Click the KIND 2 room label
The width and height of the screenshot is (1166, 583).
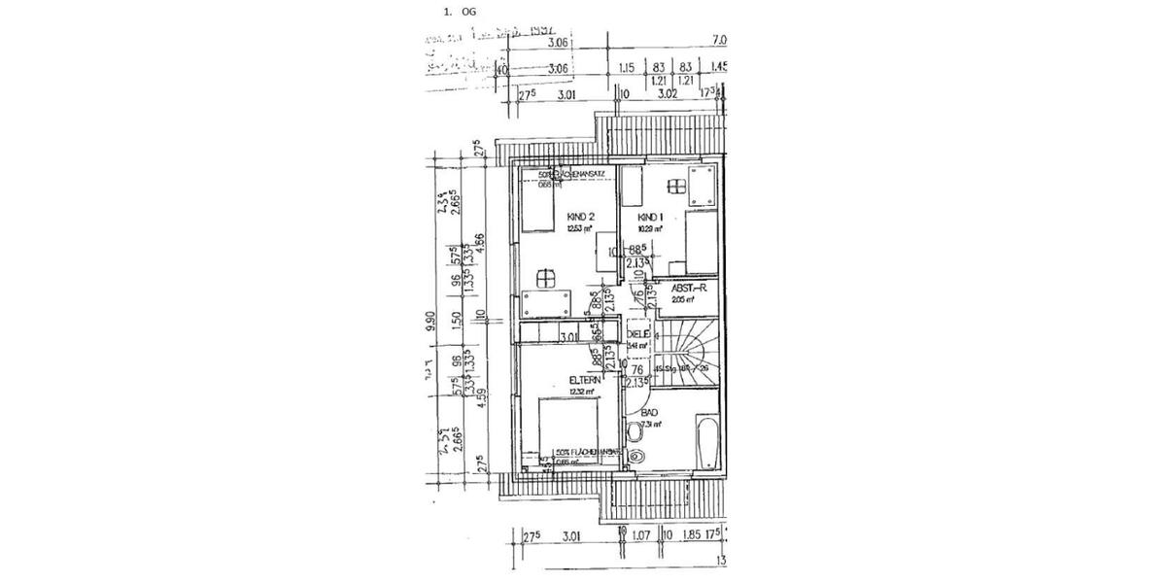tap(582, 217)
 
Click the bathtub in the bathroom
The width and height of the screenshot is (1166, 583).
tap(708, 442)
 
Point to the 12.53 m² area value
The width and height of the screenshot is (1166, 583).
tap(581, 229)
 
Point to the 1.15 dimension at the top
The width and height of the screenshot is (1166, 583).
tap(627, 68)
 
